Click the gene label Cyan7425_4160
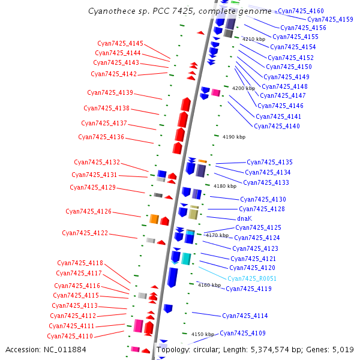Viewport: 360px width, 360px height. (301, 11)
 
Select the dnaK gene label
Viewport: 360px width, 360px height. (244, 218)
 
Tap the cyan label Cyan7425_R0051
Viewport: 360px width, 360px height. (252, 278)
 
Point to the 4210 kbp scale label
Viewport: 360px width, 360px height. (253, 39)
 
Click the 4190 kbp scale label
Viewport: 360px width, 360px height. (233, 137)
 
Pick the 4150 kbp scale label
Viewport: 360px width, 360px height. (203, 334)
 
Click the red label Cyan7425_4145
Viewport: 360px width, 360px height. (121, 43)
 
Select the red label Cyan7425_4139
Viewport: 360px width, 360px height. (110, 92)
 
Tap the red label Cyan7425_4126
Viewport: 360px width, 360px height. (88, 211)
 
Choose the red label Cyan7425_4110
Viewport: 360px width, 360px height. (70, 336)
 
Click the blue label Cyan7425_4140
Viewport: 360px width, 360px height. (277, 126)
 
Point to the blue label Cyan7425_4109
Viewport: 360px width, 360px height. (242, 333)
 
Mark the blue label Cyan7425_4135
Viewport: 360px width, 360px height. (269, 162)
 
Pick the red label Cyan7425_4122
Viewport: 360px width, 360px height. (85, 233)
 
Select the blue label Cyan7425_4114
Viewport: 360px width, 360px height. (245, 316)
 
